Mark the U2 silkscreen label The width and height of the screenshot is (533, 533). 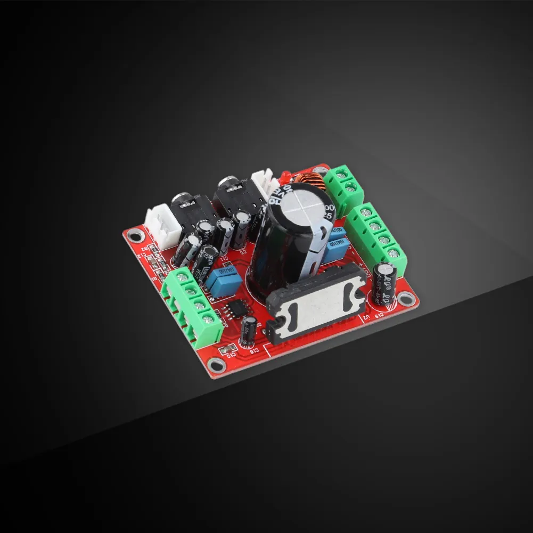coord(366,319)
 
